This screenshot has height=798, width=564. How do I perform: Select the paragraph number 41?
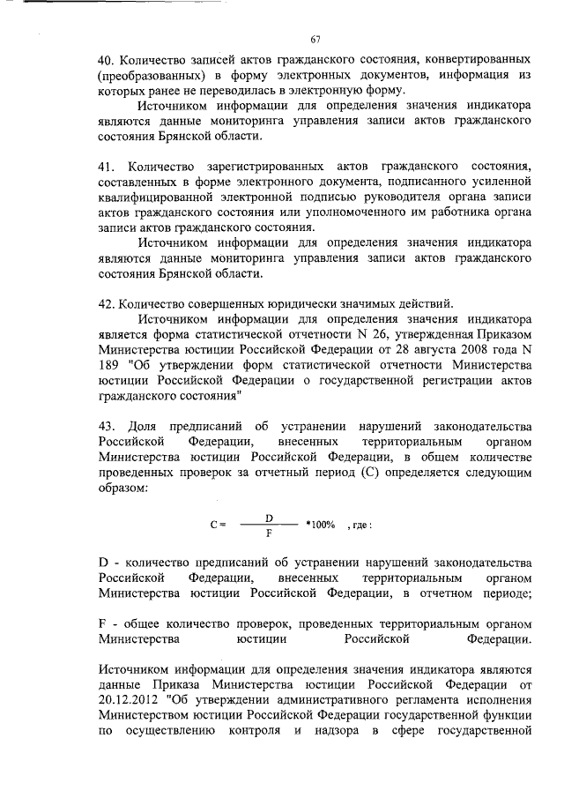106,167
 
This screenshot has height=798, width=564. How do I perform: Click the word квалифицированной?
162,198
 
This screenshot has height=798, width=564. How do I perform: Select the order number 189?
111,365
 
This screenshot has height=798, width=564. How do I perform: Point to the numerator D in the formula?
268,517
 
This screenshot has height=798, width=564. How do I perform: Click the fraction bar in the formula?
268,525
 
